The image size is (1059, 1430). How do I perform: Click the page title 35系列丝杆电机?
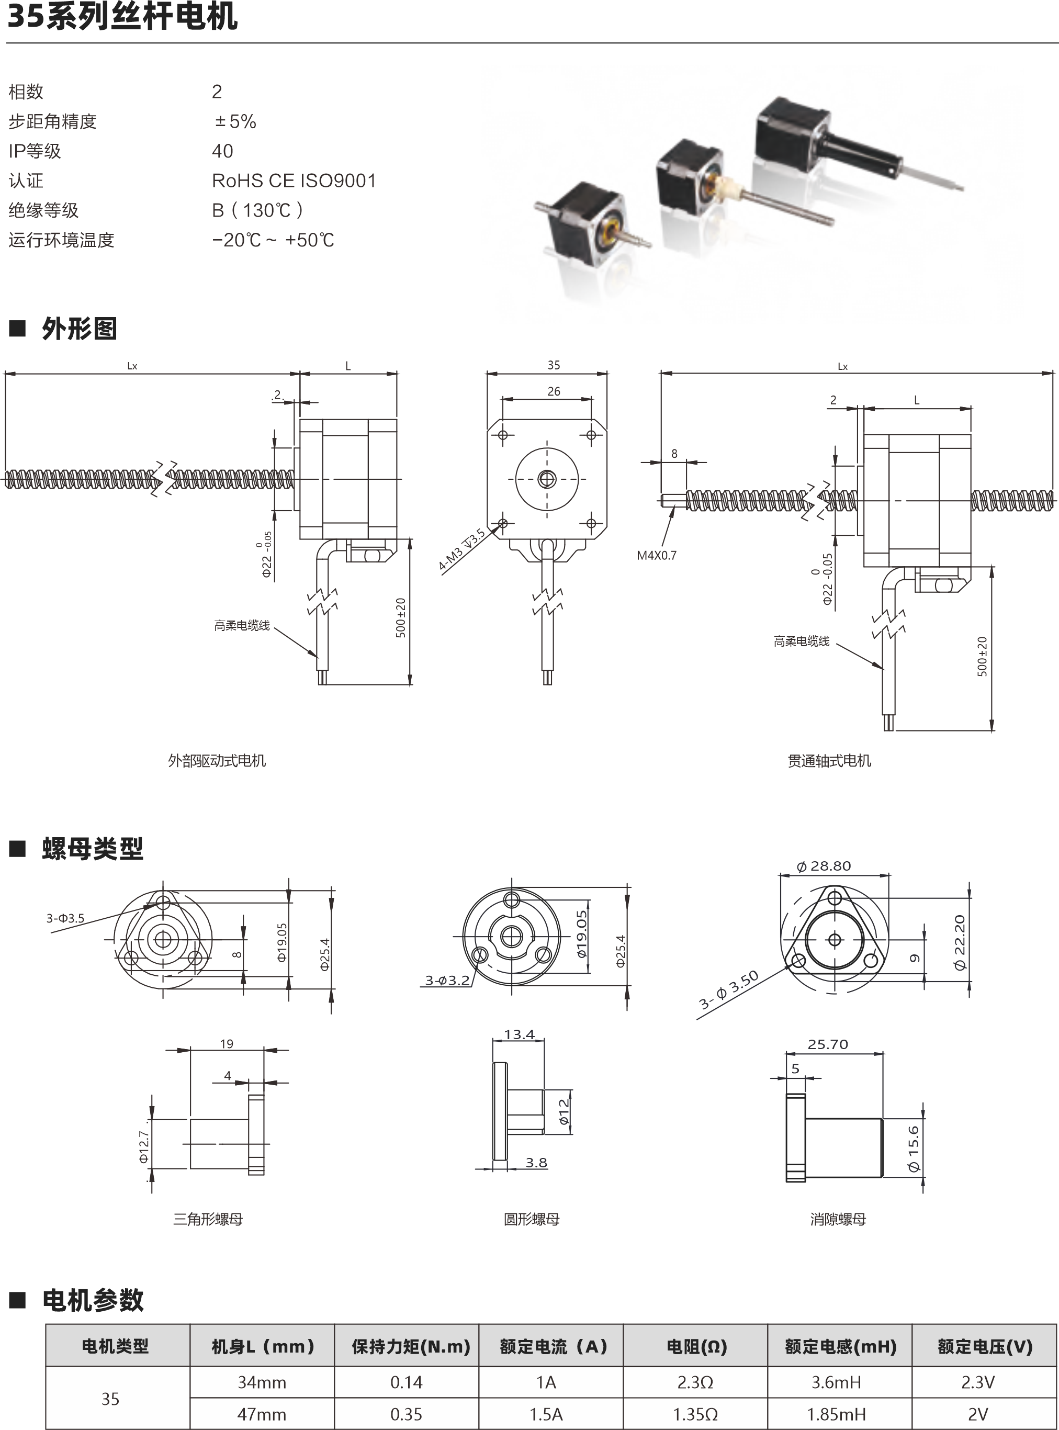coord(122,16)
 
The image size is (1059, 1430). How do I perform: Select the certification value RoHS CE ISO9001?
coord(294,181)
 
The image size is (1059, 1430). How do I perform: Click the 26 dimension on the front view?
coord(554,391)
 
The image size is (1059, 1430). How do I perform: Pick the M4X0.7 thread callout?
coord(657,555)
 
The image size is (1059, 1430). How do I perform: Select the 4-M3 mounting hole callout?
coord(461,549)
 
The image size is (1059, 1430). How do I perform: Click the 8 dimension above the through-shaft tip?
coord(674,453)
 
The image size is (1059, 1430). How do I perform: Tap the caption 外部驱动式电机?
coord(217,761)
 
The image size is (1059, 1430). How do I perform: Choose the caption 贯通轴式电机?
coord(829,761)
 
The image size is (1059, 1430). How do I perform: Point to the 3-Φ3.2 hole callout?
coord(447,980)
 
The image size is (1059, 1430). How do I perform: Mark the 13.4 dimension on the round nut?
coord(519,1034)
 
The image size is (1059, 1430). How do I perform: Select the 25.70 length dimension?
coord(828,1044)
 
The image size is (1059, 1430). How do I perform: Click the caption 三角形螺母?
coord(208,1219)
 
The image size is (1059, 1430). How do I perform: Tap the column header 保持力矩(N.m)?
coord(411,1346)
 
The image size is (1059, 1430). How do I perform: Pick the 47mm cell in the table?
coord(262,1414)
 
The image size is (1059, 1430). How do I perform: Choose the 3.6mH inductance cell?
coord(836,1382)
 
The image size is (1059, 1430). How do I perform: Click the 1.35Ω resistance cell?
coord(695,1414)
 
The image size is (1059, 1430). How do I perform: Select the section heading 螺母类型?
coord(92,849)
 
